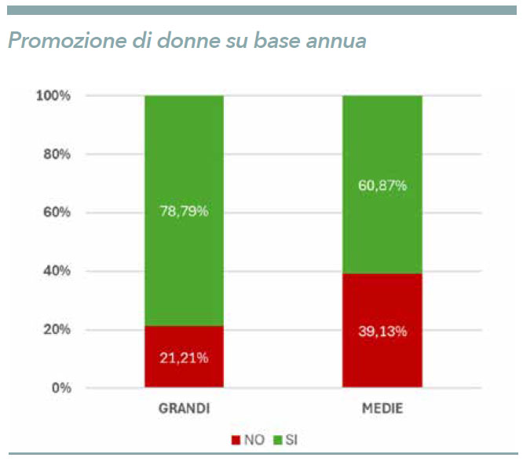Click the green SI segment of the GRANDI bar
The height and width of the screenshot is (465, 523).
pos(185,157)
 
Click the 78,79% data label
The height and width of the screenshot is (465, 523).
pos(185,212)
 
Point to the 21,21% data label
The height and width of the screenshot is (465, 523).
pos(185,358)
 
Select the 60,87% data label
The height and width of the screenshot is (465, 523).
pos(382,185)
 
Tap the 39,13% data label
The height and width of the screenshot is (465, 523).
pos(382,331)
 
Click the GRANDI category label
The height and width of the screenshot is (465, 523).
pos(185,409)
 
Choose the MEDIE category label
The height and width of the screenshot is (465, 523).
pos(382,409)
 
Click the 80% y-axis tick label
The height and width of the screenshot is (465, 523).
pos(57,154)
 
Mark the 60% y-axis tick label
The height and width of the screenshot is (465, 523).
pos(57,213)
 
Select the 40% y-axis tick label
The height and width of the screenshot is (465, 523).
pos(57,271)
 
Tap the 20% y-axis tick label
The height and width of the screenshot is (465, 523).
pos(57,330)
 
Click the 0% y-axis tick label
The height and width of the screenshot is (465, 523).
pos(60,388)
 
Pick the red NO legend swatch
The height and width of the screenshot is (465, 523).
pos(235,440)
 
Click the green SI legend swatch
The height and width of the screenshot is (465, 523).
pos(277,440)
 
